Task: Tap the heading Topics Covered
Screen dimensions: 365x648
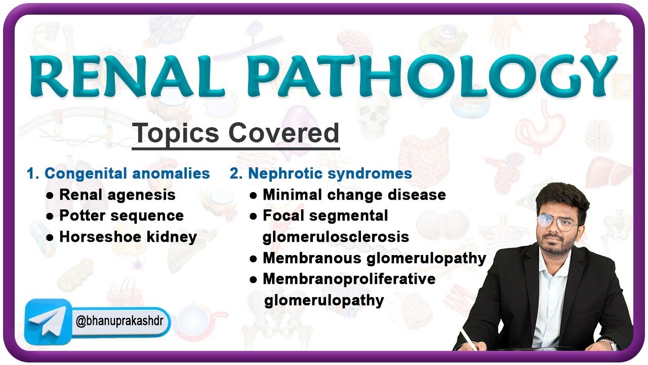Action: tap(235, 133)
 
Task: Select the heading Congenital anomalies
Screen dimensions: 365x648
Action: tap(127, 173)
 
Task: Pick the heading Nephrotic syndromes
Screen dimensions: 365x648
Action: tap(330, 173)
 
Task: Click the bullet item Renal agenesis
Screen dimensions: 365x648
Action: tap(117, 195)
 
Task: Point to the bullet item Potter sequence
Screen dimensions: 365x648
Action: tap(121, 215)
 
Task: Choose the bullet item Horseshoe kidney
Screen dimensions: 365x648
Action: tap(128, 237)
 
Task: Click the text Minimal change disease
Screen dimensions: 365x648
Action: tap(354, 195)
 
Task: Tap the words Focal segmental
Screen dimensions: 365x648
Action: tap(325, 215)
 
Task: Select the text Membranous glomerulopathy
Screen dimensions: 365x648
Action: tap(374, 258)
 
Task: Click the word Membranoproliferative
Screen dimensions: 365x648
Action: tap(349, 279)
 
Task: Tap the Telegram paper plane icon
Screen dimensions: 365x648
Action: tap(48, 322)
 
